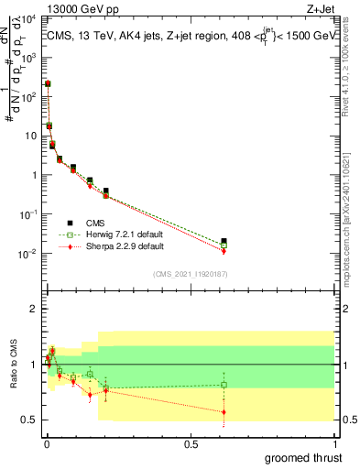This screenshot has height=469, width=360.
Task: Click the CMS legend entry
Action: coord(94,224)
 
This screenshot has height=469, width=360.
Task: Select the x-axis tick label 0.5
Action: coord(191,442)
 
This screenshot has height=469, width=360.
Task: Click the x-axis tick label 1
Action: coord(334,442)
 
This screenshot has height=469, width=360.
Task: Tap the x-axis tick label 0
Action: coord(46,442)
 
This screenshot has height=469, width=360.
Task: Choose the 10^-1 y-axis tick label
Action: coord(29,213)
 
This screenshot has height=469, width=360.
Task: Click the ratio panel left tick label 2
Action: coord(36,309)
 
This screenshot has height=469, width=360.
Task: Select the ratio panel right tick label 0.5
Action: coord(347,420)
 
